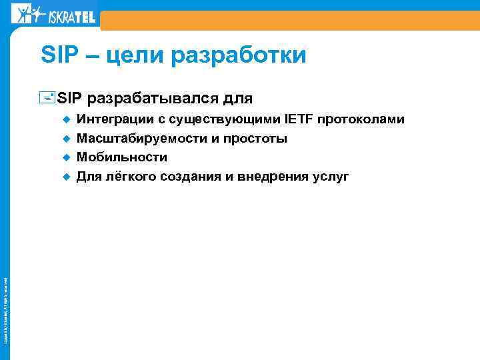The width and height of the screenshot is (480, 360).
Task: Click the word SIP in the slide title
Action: point(59,55)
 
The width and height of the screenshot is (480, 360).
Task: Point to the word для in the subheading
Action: point(237,99)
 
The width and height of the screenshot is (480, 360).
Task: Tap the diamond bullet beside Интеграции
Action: point(66,120)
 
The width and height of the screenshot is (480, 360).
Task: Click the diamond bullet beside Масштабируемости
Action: point(66,139)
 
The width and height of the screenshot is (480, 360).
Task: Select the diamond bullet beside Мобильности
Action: point(66,158)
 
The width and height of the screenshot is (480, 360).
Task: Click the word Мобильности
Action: point(122,158)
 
